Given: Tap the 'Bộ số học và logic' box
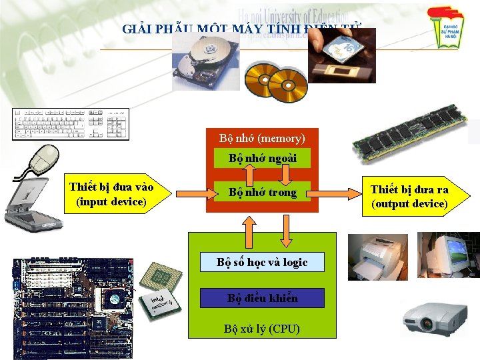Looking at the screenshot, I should pyautogui.click(x=262, y=262).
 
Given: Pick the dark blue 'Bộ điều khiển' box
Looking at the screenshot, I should pyautogui.click(x=262, y=298).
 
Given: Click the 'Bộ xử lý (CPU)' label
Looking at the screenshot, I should pyautogui.click(x=262, y=329).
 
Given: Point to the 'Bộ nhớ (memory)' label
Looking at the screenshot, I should pyautogui.click(x=262, y=139).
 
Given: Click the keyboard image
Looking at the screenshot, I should pyautogui.click(x=70, y=124).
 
